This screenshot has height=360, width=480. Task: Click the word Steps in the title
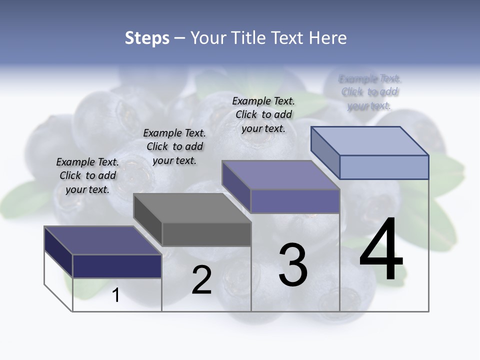[147, 38]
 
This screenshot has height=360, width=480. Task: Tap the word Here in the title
[327, 38]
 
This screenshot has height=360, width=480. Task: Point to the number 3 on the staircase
[292, 265]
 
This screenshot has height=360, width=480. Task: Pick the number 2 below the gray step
[201, 280]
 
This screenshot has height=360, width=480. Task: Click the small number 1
[116, 295]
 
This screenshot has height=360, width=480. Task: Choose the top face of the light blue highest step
[369, 140]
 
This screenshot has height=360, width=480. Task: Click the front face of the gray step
[206, 234]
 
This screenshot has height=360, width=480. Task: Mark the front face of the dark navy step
[117, 266]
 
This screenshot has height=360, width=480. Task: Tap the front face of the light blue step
[384, 167]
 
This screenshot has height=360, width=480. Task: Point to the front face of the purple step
[295, 201]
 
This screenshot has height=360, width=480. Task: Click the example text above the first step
[87, 175]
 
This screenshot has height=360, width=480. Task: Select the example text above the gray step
[174, 146]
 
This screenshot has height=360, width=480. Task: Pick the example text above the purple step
[263, 114]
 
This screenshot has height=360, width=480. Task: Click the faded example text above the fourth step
[369, 92]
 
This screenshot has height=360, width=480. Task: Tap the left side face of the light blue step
[325, 151]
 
